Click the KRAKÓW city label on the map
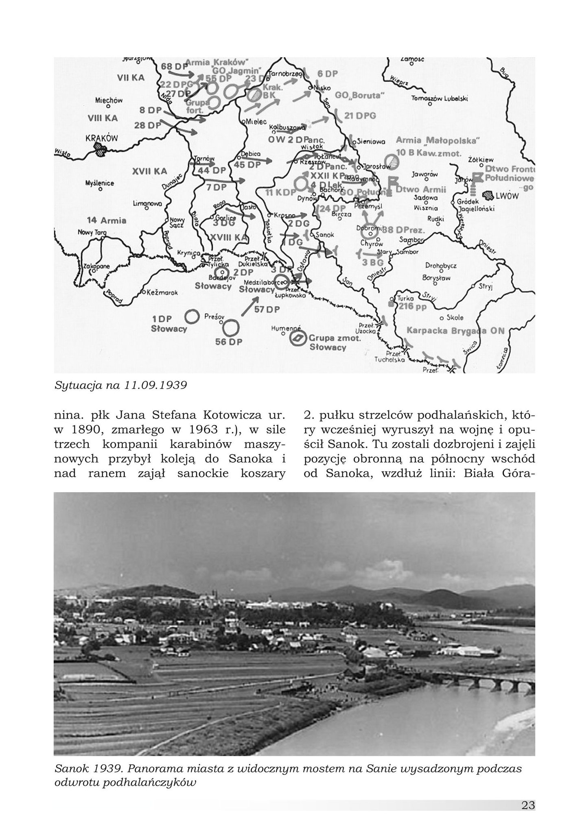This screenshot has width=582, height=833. point(102,138)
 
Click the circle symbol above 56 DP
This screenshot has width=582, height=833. point(231,327)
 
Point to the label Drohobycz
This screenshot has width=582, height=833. point(441,266)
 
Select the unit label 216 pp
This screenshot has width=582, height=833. point(413,307)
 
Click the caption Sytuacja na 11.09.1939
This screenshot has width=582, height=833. point(120,385)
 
